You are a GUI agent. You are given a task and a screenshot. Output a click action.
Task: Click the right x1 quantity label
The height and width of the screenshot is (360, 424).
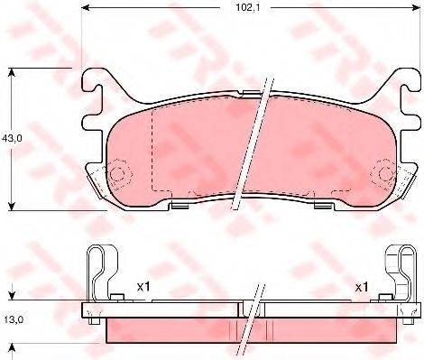point(362,287)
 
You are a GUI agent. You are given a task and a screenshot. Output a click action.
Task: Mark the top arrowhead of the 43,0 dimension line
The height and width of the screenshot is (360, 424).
point(11,71)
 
